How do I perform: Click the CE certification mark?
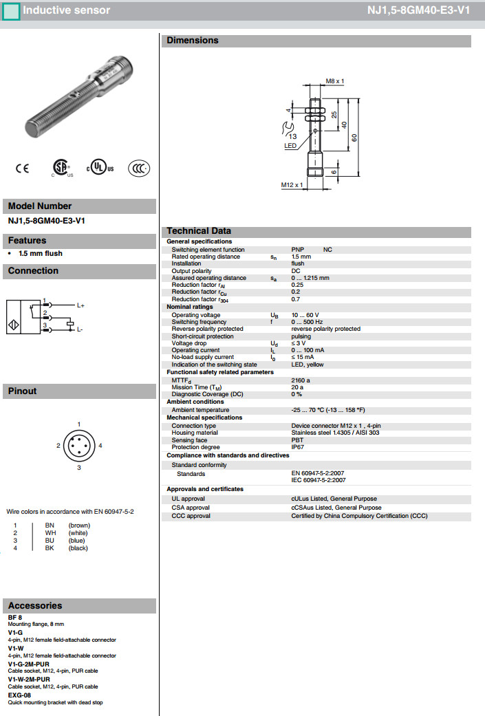pyautogui.click(x=23, y=168)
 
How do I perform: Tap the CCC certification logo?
pyautogui.click(x=139, y=168)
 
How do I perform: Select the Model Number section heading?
pyautogui.click(x=40, y=206)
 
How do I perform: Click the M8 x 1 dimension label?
pyautogui.click(x=335, y=81)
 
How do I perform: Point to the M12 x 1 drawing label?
pyautogui.click(x=292, y=184)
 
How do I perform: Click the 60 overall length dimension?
pyautogui.click(x=354, y=137)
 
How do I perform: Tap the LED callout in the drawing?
pyautogui.click(x=290, y=146)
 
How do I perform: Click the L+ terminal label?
pyautogui.click(x=80, y=305)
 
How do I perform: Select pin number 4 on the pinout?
pyautogui.click(x=100, y=446)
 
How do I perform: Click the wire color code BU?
pyautogui.click(x=50, y=541)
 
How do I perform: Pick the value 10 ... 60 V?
pyautogui.click(x=305, y=315)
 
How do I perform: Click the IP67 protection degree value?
pyautogui.click(x=298, y=447)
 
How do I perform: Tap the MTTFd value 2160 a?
pyautogui.click(x=301, y=380)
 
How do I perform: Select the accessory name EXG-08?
pyautogui.click(x=19, y=695)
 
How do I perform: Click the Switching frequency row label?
pyautogui.click(x=199, y=322)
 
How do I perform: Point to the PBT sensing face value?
pyautogui.click(x=298, y=440)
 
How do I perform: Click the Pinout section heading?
pyautogui.click(x=23, y=391)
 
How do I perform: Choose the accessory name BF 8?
pyautogui.click(x=15, y=617)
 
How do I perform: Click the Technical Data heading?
pyautogui.click(x=199, y=230)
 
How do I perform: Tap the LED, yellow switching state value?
pyautogui.click(x=308, y=365)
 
